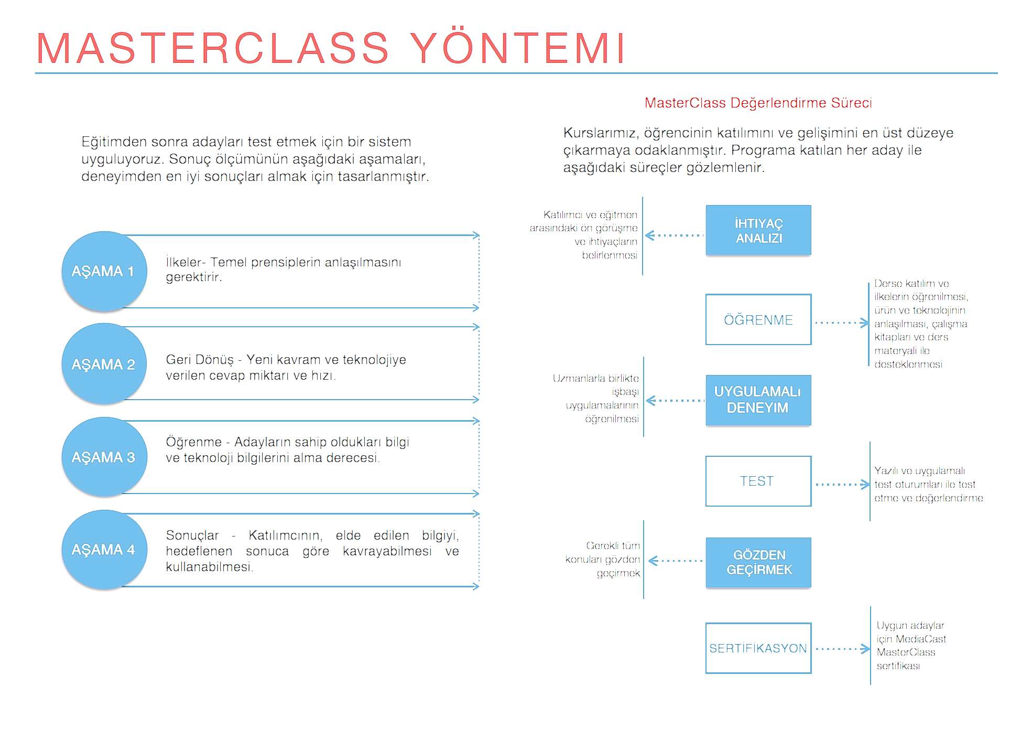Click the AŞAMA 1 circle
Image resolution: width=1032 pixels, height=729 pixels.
point(104,271)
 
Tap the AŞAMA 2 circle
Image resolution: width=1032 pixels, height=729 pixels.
point(104,364)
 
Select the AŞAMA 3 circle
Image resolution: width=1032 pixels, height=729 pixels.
point(104,457)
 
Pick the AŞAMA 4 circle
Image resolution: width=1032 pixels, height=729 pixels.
point(104,550)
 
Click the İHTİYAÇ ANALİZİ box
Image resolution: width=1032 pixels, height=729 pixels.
point(758,230)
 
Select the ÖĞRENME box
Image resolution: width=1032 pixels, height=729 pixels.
point(758,319)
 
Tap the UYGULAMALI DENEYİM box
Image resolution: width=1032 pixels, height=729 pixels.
point(758,400)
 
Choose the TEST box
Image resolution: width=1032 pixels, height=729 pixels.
point(758,481)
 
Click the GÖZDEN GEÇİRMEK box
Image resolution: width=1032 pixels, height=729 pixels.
point(758,562)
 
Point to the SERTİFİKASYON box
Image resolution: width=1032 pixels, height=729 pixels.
point(758,648)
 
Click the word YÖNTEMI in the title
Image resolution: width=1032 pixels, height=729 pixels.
point(518,48)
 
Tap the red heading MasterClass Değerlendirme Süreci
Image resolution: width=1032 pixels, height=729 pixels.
point(758,103)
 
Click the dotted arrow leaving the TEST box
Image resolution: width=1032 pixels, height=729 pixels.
point(842,485)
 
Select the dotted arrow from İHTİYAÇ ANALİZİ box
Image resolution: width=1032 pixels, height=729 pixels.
point(675,235)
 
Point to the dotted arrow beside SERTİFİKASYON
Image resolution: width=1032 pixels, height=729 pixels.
point(842,649)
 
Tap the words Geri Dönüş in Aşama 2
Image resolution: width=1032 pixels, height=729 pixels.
point(200,360)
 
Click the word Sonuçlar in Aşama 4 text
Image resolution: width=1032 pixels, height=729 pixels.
point(192,535)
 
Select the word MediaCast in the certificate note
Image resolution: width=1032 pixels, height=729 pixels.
point(920,639)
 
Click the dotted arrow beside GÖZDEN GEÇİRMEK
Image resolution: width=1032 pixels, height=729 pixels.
point(676,561)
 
